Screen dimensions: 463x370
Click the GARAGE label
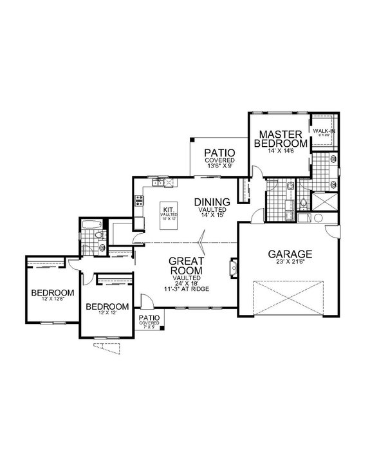(x=290, y=254)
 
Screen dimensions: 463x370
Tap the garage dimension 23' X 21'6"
(x=290, y=263)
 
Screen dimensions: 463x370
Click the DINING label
(x=212, y=202)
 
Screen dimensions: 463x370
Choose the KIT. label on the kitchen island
(x=169, y=210)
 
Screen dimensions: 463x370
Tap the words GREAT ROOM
(x=186, y=266)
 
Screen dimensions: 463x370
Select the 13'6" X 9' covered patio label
(x=219, y=165)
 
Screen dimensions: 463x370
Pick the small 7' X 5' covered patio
(x=149, y=322)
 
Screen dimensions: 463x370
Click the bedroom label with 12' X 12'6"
(x=52, y=294)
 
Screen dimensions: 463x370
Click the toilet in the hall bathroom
(x=98, y=238)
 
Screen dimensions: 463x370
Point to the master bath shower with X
(x=326, y=202)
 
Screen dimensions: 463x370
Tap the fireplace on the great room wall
(x=232, y=266)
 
